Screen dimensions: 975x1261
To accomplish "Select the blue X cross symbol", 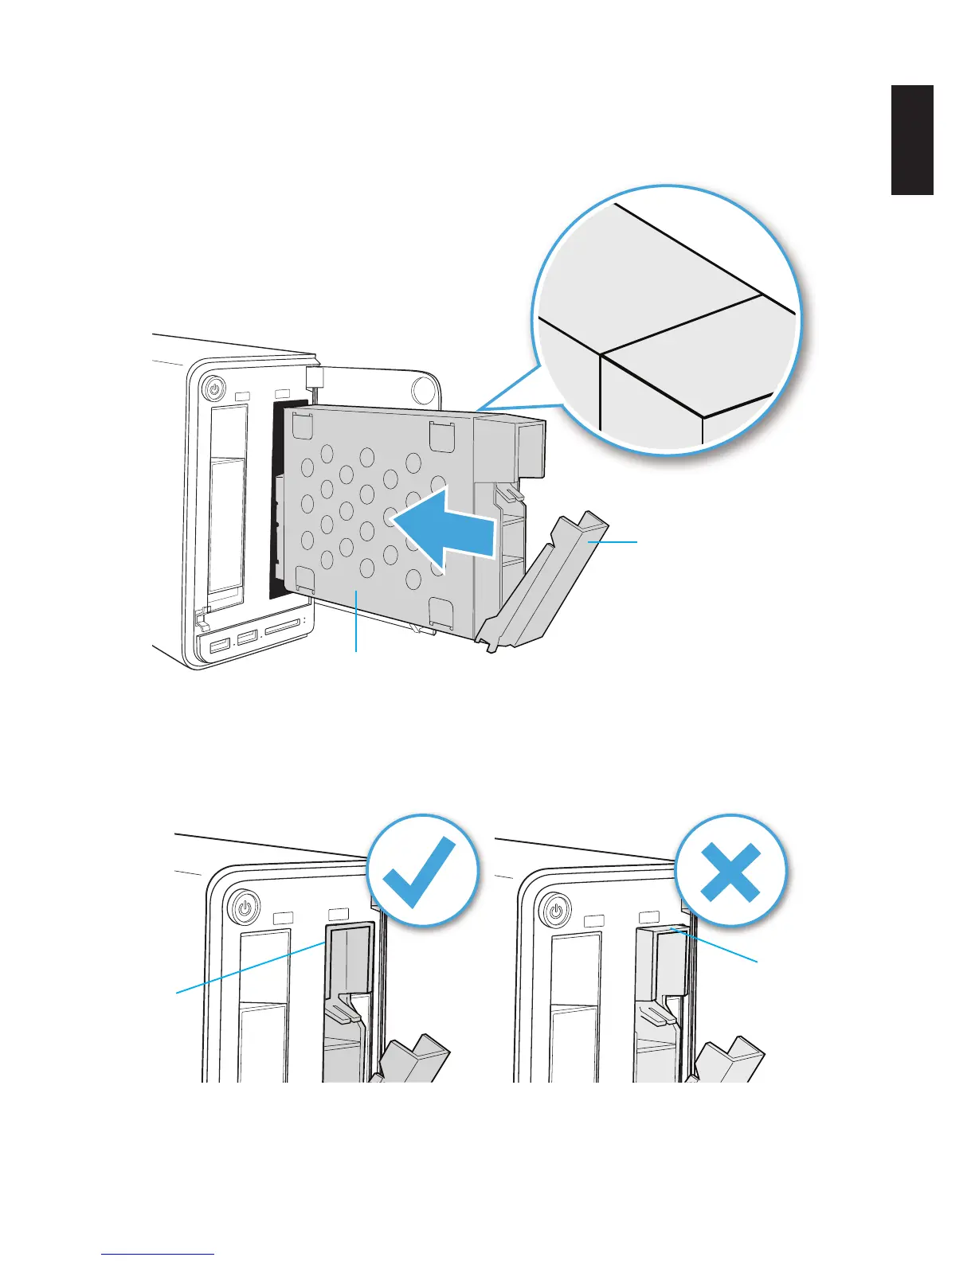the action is click(730, 871).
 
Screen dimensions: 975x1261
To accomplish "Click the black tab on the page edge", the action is click(911, 140).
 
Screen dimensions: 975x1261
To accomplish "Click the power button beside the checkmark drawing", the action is click(245, 906).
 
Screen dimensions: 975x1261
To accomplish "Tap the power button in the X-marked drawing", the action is click(556, 908).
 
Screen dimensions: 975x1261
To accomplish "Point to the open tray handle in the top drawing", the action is click(550, 581).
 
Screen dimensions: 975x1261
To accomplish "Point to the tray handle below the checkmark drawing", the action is click(415, 1059).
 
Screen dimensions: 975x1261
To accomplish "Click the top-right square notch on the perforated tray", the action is click(441, 435).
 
